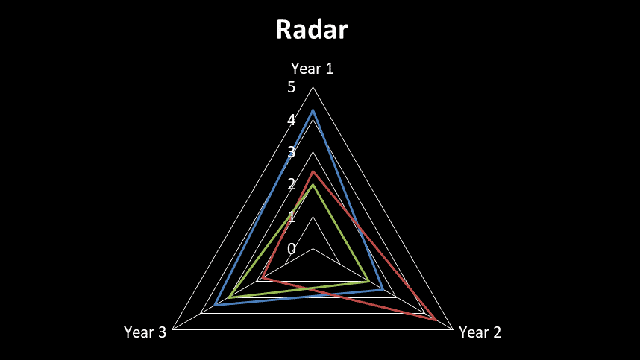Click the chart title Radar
312,30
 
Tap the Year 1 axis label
312,69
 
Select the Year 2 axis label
480,332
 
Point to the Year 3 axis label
145,332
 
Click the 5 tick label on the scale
291,88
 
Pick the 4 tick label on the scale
291,120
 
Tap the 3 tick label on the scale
291,152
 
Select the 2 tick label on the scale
291,184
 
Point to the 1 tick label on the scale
291,217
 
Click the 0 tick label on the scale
291,249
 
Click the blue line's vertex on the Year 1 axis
313,111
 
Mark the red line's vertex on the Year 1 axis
313,171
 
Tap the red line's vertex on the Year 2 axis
436,320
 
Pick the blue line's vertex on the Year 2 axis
383,289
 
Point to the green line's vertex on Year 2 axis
369,281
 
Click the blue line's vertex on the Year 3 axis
215,306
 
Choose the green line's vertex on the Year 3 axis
229,297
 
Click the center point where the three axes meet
313,249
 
